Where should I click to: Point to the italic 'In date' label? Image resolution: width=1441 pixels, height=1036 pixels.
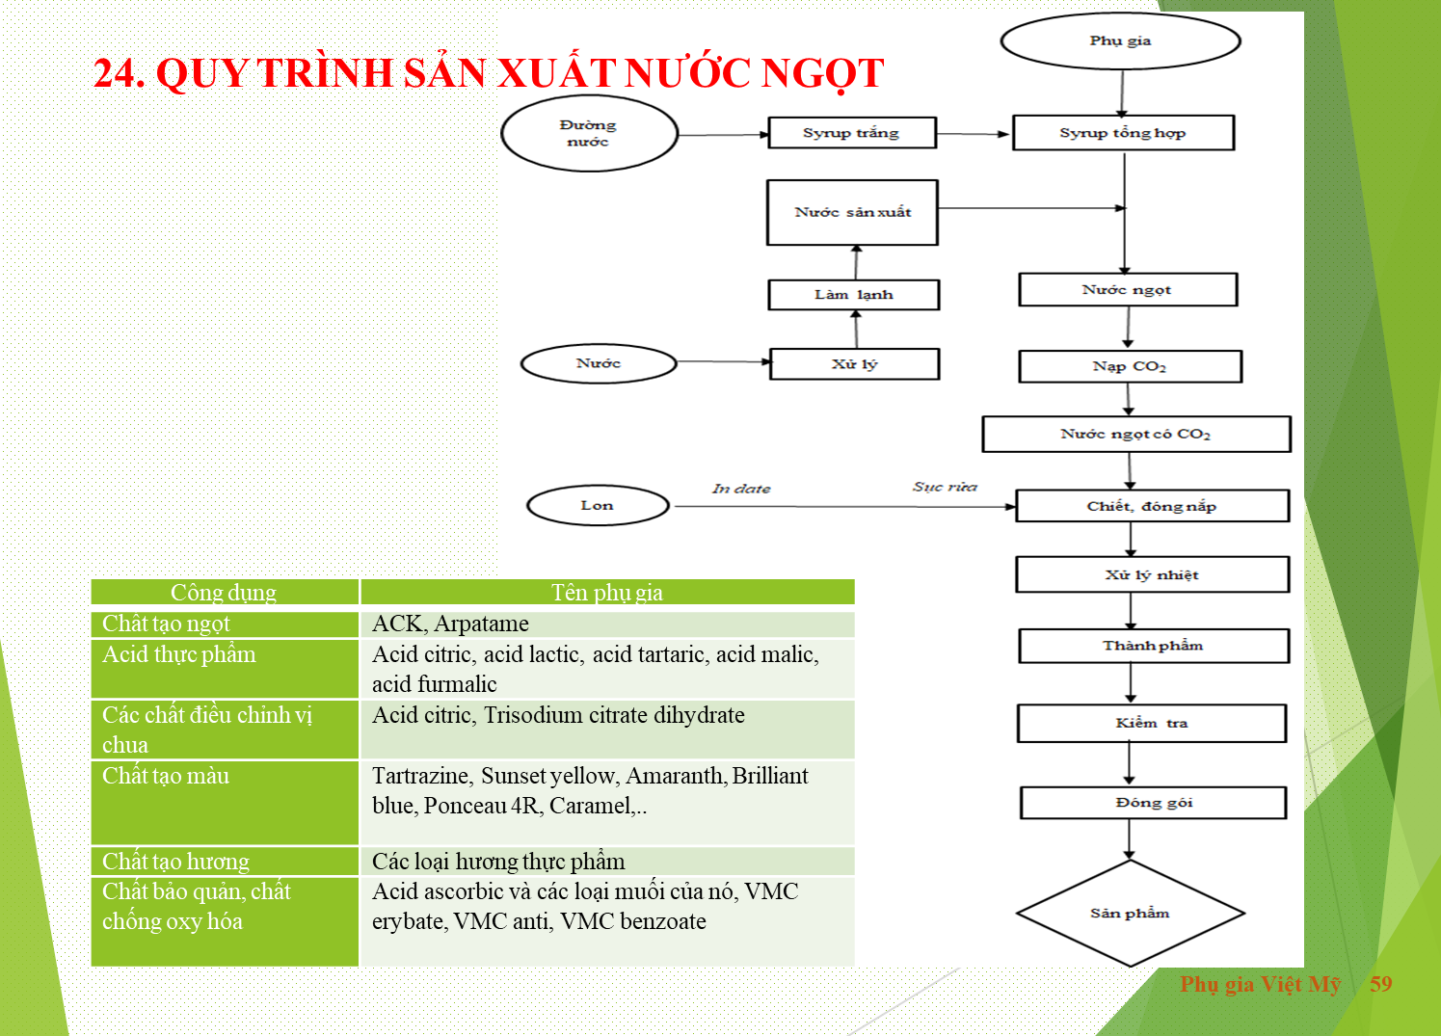741,489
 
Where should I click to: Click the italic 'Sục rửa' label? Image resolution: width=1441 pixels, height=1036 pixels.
945,487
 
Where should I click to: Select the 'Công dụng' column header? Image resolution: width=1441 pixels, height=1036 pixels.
224,593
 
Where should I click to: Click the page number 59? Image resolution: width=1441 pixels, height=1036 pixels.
1380,984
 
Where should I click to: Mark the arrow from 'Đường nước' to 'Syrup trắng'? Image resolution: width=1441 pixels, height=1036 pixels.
724,135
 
